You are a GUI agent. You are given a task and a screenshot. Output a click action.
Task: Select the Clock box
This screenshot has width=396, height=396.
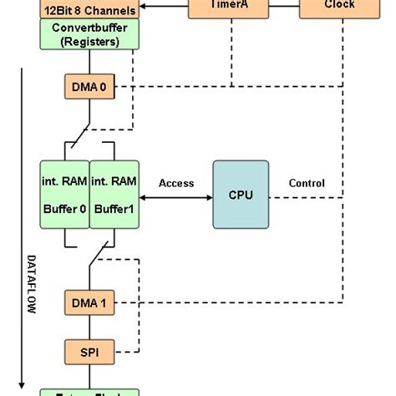tap(338, 8)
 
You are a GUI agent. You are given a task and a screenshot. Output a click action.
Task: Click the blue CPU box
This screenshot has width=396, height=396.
tap(241, 195)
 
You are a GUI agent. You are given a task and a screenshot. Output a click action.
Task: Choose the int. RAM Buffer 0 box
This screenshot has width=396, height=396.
tap(64, 195)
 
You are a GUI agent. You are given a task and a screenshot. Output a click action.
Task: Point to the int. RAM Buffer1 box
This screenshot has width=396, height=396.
tap(113, 195)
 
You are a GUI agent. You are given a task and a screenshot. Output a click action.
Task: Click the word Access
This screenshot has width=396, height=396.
tap(175, 184)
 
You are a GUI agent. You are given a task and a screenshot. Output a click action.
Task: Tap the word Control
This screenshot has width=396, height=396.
tap(307, 184)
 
